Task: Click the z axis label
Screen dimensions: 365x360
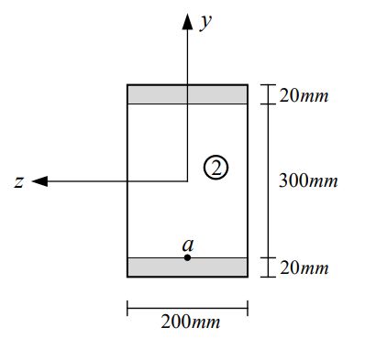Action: pyautogui.click(x=19, y=182)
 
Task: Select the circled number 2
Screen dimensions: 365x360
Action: pyautogui.click(x=216, y=167)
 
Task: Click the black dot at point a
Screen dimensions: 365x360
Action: pyautogui.click(x=187, y=257)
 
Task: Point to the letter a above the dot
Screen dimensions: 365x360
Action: pyautogui.click(x=187, y=245)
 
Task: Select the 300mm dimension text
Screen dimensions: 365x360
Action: pyautogui.click(x=307, y=180)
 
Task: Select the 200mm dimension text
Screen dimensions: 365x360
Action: pyautogui.click(x=190, y=322)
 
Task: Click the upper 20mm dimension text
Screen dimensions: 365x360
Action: pyautogui.click(x=302, y=95)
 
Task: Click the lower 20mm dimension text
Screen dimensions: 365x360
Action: pyautogui.click(x=302, y=267)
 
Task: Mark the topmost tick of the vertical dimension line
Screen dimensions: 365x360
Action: pyautogui.click(x=267, y=85)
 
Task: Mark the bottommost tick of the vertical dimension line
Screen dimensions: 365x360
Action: pyautogui.click(x=267, y=276)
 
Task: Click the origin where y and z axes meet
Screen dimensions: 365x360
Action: pyautogui.click(x=187, y=181)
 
